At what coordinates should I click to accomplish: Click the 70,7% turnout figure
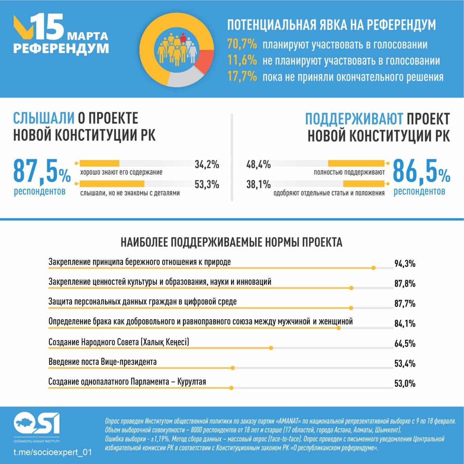(242, 44)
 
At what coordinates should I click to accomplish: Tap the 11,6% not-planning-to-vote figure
(242, 61)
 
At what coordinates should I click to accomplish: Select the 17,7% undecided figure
(242, 77)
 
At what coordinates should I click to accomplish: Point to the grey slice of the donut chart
(183, 78)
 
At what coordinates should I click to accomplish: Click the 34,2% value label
(207, 165)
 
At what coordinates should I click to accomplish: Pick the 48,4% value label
(258, 165)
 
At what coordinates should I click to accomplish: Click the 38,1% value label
(258, 185)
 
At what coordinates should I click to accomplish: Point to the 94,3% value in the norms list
(405, 264)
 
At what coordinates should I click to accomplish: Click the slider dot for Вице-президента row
(233, 368)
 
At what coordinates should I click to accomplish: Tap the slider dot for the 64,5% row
(271, 348)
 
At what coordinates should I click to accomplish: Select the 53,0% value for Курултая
(405, 384)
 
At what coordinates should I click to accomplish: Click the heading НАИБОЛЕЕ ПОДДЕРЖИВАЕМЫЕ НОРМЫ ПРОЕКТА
(231, 242)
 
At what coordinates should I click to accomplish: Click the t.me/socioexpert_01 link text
(53, 452)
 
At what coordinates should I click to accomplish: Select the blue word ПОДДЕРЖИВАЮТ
(354, 119)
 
